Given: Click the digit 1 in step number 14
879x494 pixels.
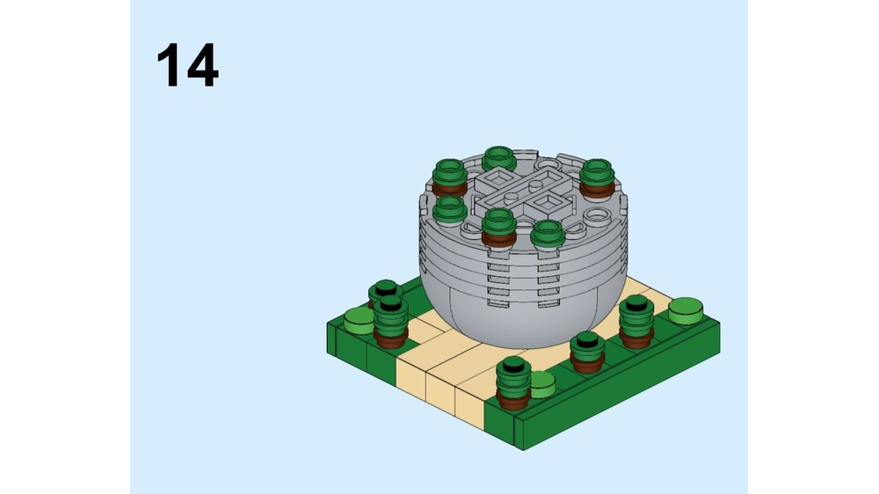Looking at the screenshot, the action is click(168, 65).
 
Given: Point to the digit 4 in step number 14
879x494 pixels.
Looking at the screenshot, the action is click(202, 65).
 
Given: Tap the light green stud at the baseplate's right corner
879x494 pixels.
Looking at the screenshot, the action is click(686, 310).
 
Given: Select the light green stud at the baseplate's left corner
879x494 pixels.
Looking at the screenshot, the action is click(359, 321).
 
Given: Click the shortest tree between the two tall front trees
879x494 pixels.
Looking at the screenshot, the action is click(587, 352).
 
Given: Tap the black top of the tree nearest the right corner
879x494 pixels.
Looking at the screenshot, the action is click(636, 302).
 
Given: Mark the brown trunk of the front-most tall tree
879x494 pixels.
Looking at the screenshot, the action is click(513, 399).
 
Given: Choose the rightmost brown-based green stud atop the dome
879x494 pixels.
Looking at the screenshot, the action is click(597, 178).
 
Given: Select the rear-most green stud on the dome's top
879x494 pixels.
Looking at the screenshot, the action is click(499, 158).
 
